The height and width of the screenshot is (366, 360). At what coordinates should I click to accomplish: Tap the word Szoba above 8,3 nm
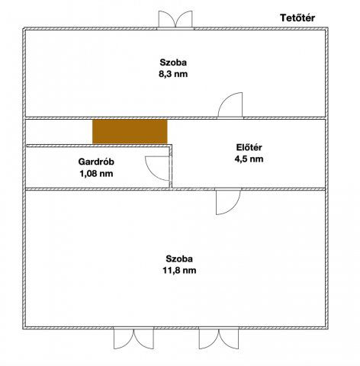point(173,63)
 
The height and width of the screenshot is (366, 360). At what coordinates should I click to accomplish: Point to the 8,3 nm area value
point(173,75)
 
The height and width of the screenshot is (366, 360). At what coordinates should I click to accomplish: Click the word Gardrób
point(96,162)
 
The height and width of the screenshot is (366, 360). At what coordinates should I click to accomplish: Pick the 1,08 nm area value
point(96,174)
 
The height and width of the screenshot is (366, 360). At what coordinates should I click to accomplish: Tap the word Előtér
point(248,147)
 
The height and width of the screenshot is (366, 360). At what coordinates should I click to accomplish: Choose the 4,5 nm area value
point(248,159)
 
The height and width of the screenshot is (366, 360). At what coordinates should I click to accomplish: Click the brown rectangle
point(130,130)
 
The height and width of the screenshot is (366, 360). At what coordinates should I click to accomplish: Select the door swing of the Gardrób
point(156,165)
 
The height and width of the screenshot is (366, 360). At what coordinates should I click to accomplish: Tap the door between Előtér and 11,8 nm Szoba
point(228,201)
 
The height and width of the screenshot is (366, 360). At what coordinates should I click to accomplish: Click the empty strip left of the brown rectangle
point(58,130)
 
